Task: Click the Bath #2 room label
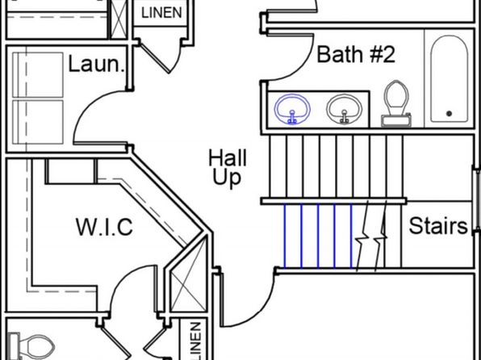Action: point(356,54)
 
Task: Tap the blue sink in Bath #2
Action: point(292,109)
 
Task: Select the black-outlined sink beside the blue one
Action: point(344,109)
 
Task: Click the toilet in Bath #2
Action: point(396,104)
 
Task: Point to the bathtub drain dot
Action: point(449,114)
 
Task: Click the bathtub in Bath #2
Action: point(449,79)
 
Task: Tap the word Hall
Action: point(228,158)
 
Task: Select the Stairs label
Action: point(438,225)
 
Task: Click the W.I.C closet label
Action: point(104,227)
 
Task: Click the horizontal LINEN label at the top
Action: point(161,13)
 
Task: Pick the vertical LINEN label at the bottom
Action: point(196,341)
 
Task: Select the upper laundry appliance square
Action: point(38,74)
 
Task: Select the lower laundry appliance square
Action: point(38,122)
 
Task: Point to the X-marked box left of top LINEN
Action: point(119,19)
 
